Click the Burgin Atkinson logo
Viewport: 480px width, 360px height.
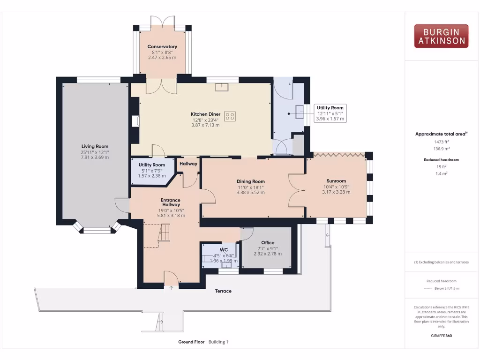pos(441,36)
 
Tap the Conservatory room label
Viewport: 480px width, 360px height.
pos(162,47)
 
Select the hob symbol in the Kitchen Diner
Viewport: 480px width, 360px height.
pos(230,116)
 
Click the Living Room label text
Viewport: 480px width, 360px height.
pos(95,146)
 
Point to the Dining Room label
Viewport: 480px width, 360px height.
pos(250,181)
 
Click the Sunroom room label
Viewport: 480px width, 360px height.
pos(336,181)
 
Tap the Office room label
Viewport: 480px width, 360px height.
pos(268,242)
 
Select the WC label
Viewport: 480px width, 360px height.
pos(224,250)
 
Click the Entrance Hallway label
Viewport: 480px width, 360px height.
pos(171,202)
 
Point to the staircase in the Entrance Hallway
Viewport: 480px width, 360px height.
pos(164,233)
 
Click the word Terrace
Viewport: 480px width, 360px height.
pos(223,291)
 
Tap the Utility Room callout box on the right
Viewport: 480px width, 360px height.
pos(330,113)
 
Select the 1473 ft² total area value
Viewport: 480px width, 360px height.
pos(441,141)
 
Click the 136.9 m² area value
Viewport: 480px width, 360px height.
pos(441,148)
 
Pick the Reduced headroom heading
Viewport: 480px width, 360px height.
pos(441,160)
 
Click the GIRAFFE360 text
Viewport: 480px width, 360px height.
pos(441,336)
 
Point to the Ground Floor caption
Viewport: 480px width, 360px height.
pos(191,342)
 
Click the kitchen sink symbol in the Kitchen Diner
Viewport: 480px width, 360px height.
pos(221,87)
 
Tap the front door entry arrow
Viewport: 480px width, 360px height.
pos(172,287)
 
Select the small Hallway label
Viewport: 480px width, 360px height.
pos(188,164)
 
